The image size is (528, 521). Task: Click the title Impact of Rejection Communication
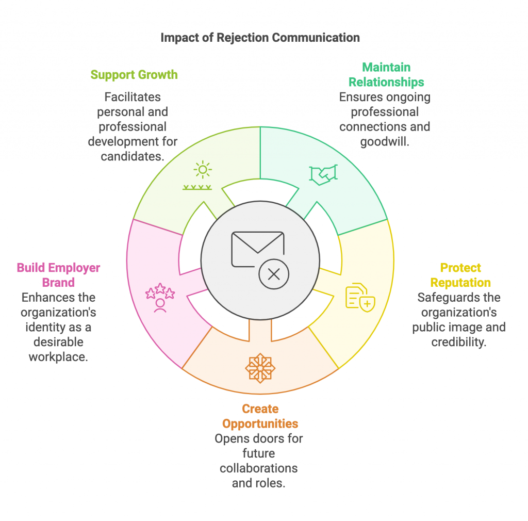click(x=260, y=38)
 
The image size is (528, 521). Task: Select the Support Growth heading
click(x=134, y=75)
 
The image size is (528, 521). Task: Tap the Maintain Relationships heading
click(x=386, y=75)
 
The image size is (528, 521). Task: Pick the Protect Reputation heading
click(x=460, y=275)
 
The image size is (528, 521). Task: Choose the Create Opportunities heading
click(x=260, y=416)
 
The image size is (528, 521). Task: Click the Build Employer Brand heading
click(x=58, y=275)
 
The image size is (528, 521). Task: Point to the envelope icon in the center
click(x=257, y=249)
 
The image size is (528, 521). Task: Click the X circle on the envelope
click(x=274, y=274)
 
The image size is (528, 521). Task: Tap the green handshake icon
click(x=323, y=174)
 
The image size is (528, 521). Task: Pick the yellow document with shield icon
click(x=360, y=296)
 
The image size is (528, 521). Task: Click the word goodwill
click(x=385, y=142)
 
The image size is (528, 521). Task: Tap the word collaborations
click(x=259, y=468)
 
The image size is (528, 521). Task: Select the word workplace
click(x=58, y=357)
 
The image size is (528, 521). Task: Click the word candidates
click(x=133, y=156)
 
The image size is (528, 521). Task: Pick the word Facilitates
click(x=133, y=97)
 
